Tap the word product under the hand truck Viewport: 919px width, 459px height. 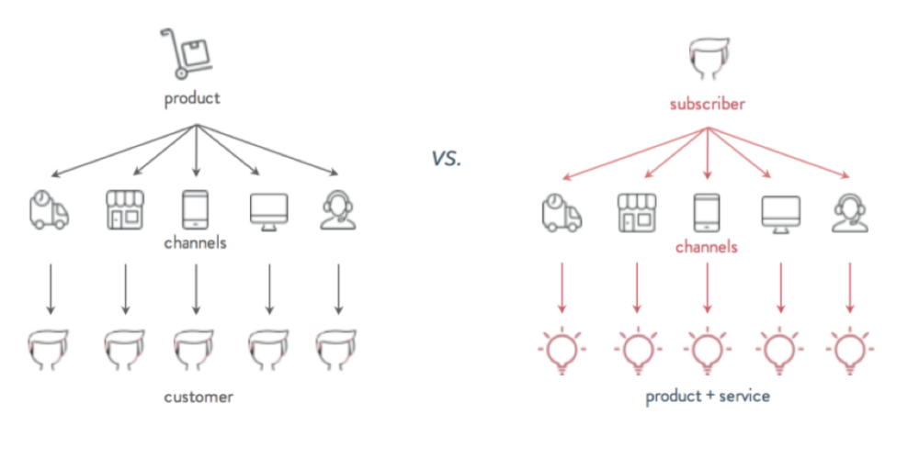click(192, 98)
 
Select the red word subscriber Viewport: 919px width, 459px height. click(708, 105)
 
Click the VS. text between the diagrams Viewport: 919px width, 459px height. click(447, 159)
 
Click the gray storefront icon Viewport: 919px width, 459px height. click(124, 209)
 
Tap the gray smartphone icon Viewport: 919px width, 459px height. click(196, 209)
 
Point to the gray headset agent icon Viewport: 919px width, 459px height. click(339, 210)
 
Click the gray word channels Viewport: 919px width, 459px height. click(195, 242)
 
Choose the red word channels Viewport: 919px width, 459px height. click(706, 247)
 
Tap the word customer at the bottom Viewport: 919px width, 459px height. click(199, 397)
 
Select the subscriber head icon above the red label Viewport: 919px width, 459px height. click(708, 59)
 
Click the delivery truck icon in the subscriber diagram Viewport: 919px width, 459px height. click(562, 214)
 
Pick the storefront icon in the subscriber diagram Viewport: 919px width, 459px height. click(637, 213)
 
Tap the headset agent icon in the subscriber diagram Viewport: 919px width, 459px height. click(850, 214)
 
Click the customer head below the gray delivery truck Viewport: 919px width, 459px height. click(49, 350)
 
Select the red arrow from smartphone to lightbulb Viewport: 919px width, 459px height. click(708, 287)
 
